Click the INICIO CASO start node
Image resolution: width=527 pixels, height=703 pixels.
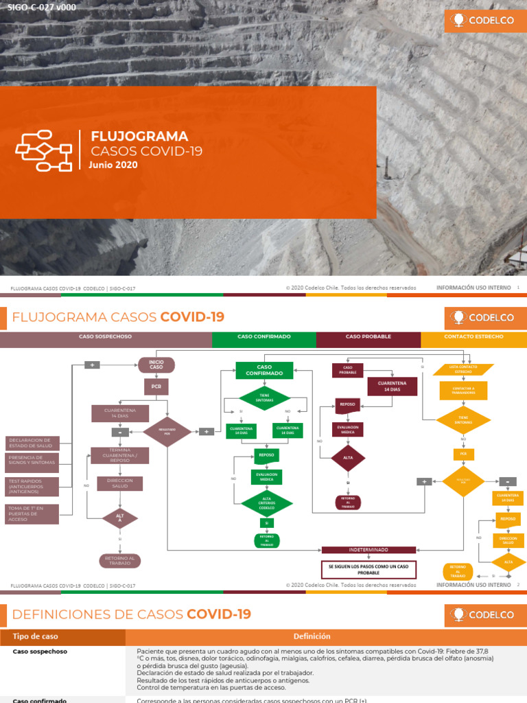click(156, 365)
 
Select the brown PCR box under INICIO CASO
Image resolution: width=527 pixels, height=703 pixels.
click(156, 387)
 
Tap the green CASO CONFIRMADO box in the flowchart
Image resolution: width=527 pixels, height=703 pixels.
click(264, 371)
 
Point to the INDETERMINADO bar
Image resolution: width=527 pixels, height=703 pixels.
click(368, 550)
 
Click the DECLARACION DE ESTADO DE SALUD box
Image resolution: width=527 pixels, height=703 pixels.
click(32, 443)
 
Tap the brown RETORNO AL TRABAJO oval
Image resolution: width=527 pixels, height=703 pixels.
click(120, 561)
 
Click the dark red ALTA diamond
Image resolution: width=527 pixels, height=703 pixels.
click(348, 459)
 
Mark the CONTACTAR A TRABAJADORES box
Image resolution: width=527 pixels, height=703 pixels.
click(463, 391)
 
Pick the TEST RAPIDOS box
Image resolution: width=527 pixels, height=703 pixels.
click(32, 485)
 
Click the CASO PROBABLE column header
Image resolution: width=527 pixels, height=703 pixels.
click(368, 337)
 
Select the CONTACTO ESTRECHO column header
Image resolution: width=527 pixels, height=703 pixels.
click(473, 337)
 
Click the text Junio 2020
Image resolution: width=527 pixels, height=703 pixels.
click(113, 165)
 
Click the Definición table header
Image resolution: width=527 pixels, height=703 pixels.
click(312, 636)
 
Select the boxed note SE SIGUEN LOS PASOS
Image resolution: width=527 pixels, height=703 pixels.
click(368, 569)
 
